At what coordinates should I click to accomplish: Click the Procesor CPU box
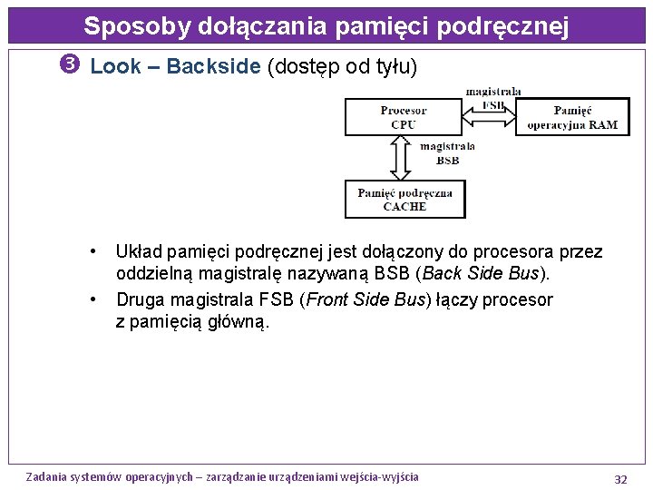tap(404, 117)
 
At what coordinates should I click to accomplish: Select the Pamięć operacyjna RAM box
tap(572, 117)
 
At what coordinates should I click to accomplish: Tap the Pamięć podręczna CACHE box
tap(404, 200)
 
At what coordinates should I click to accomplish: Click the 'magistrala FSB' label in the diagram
tap(493, 98)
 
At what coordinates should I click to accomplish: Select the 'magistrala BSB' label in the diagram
tap(447, 152)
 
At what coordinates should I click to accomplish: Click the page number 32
tap(620, 478)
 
